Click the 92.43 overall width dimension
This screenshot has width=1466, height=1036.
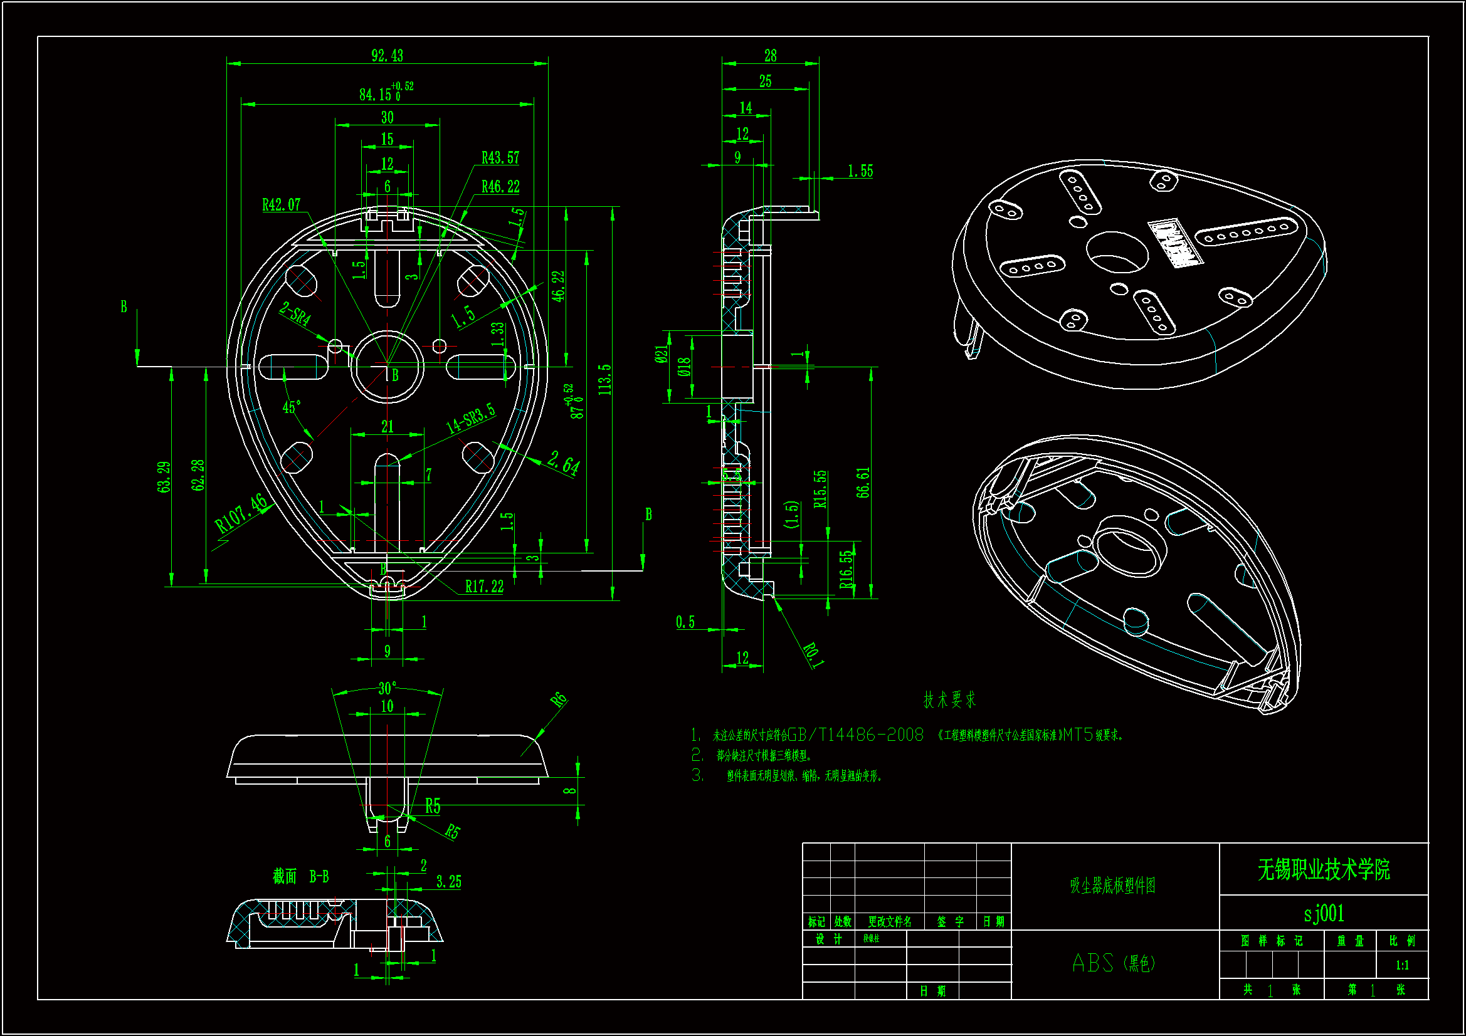387,56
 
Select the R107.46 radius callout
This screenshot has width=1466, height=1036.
241,514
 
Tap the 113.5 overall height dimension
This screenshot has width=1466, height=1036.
604,379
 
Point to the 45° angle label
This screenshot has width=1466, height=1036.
292,407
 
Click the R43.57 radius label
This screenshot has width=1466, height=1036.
500,158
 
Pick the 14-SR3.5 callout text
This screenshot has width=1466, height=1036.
470,418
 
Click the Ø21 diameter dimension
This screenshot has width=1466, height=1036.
662,355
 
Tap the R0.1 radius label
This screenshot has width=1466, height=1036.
813,655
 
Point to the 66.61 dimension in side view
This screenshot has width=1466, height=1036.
863,483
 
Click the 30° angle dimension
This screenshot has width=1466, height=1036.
387,688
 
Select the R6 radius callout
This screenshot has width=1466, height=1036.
559,699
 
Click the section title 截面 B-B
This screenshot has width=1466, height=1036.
301,876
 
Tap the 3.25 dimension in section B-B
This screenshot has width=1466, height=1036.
448,882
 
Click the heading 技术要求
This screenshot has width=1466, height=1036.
949,699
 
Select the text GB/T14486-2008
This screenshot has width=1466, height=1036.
856,735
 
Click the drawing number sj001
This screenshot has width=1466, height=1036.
1324,913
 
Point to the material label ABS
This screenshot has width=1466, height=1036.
1092,963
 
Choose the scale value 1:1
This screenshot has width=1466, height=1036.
1402,965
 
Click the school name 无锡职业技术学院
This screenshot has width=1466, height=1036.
1324,870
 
